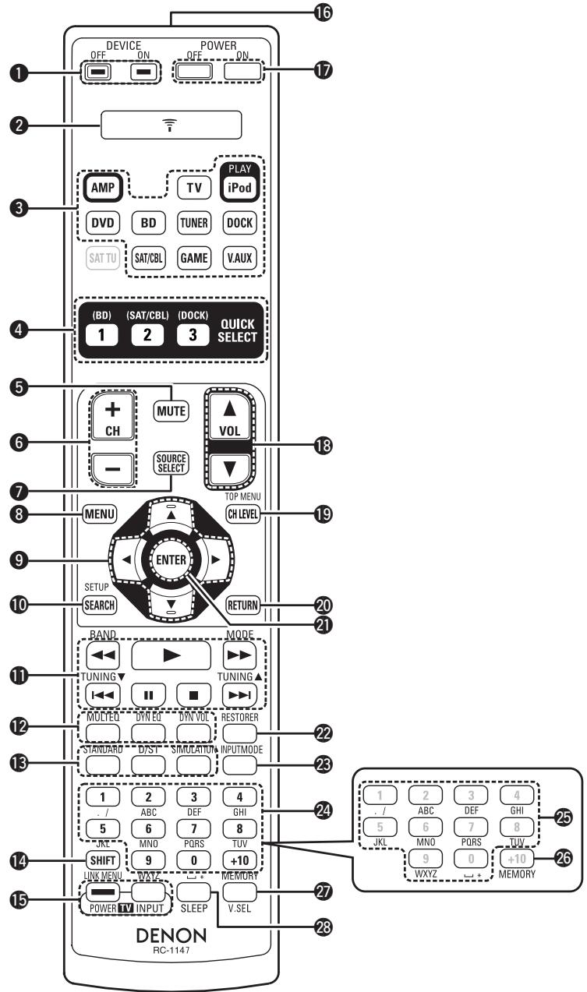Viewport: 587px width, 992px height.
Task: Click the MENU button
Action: click(101, 515)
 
